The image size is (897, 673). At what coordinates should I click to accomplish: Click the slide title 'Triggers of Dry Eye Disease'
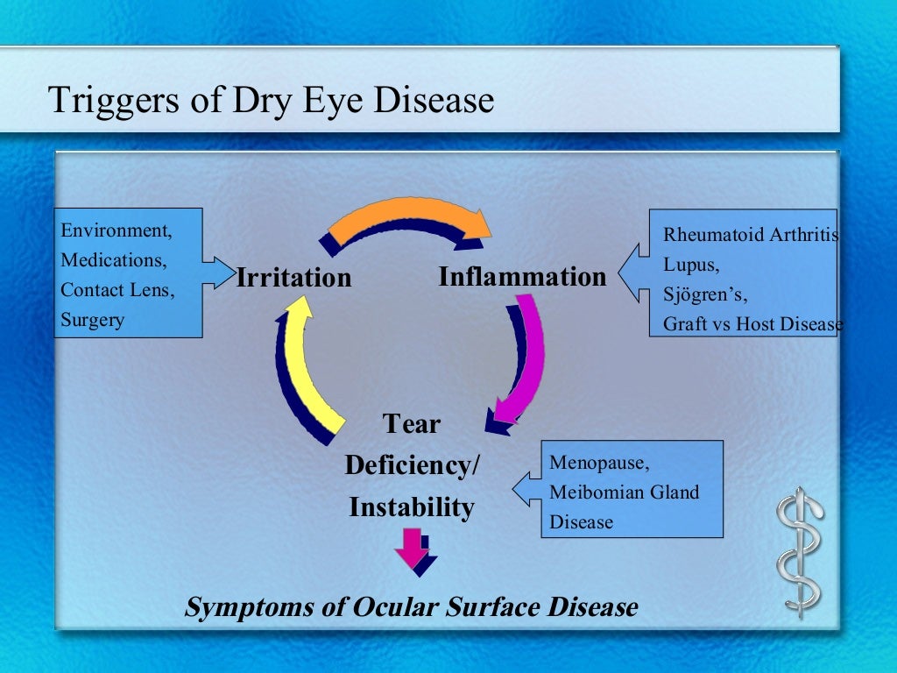pos(271,100)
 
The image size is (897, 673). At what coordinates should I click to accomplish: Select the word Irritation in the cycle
pos(293,279)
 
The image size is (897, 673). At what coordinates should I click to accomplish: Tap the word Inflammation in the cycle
pos(522,277)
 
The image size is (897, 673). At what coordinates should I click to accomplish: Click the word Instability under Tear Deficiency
pos(412,507)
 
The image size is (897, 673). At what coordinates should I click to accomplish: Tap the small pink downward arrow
pos(411,549)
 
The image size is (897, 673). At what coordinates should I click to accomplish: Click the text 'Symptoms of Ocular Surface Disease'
pos(411,606)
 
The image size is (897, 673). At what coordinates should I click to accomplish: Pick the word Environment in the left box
pos(116,230)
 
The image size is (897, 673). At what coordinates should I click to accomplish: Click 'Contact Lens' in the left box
pos(117,290)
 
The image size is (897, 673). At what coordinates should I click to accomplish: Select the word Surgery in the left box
pos(92,320)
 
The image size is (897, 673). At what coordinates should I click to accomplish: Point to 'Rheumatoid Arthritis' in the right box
pos(750,235)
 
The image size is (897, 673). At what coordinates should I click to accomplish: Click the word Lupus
pos(690,265)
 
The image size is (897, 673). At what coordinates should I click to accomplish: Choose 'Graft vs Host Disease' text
pos(752,324)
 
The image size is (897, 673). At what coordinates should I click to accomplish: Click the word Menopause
pos(599,463)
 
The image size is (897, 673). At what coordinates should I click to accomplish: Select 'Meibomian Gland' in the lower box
pos(624,492)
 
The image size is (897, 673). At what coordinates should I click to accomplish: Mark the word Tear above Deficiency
pos(412,424)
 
